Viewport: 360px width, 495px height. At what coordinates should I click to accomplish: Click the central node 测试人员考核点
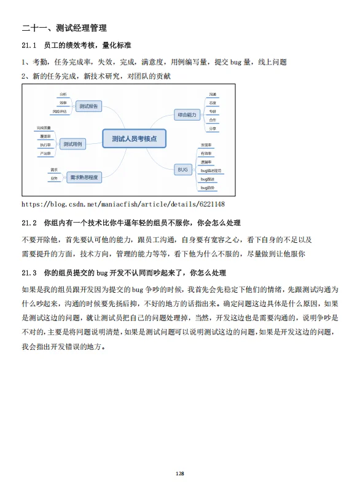pyautogui.click(x=133, y=140)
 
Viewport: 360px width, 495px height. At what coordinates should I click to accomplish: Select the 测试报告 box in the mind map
pyautogui.click(x=88, y=106)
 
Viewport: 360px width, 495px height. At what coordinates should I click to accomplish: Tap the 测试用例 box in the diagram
pyautogui.click(x=73, y=144)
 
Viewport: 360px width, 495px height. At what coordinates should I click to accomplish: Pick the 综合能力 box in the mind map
pyautogui.click(x=187, y=114)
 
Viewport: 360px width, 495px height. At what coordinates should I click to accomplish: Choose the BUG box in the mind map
pyautogui.click(x=182, y=168)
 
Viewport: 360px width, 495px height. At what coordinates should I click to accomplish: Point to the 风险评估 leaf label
pyautogui.click(x=60, y=112)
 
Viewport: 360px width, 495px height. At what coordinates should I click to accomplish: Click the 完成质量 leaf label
pyautogui.click(x=45, y=128)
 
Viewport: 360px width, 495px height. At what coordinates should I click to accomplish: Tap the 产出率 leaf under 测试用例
pyautogui.click(x=45, y=152)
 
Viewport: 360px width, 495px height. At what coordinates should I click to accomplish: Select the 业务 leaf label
pyautogui.click(x=54, y=178)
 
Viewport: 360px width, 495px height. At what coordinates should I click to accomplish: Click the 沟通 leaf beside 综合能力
pyautogui.click(x=212, y=94)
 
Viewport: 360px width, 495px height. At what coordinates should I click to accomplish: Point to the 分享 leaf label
pyautogui.click(x=212, y=129)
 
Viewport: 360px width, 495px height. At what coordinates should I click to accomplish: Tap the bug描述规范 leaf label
pyautogui.click(x=211, y=170)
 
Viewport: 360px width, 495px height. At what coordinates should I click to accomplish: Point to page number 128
pyautogui.click(x=180, y=473)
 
